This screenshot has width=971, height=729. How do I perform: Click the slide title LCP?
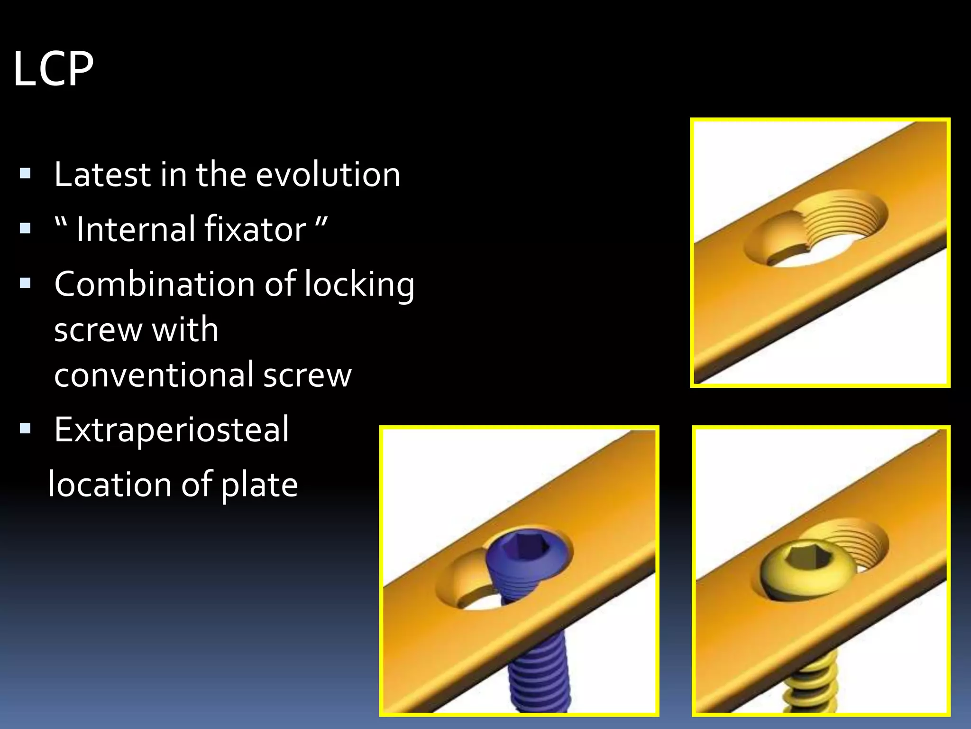53,69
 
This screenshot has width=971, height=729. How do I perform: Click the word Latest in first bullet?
102,175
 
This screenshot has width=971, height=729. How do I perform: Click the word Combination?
155,284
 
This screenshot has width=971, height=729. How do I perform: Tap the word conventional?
154,375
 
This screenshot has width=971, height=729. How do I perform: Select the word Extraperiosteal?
171,430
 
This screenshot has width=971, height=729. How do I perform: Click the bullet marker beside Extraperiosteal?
25,429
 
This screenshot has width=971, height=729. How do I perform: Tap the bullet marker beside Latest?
25,174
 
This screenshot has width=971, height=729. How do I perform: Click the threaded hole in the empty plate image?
849,218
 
